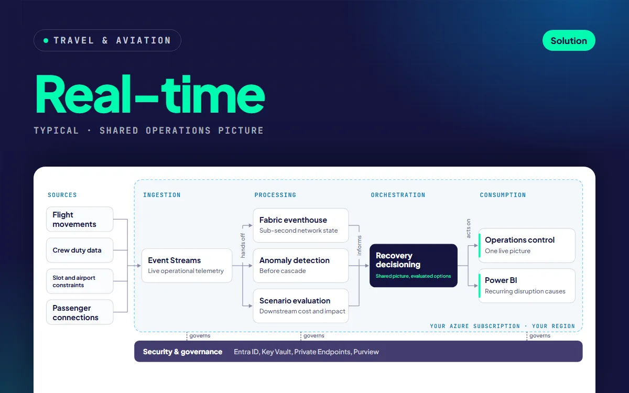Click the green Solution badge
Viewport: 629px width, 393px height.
coord(569,40)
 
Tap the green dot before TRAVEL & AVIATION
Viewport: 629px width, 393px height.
coord(46,41)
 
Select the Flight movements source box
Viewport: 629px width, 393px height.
coord(80,219)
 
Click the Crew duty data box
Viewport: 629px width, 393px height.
coord(80,250)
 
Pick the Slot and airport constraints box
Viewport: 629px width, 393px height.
coord(80,281)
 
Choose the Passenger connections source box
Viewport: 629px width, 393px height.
coord(80,312)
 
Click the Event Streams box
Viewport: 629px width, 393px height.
coord(187,266)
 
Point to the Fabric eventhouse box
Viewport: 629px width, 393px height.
coord(301,225)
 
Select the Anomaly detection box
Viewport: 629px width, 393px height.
coord(301,266)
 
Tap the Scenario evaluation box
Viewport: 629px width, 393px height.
coord(301,306)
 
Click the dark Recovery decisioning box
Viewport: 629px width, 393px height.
coord(414,266)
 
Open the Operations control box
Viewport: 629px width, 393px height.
coord(527,246)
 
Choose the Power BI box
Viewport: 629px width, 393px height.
coord(527,286)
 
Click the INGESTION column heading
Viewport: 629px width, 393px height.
coord(162,195)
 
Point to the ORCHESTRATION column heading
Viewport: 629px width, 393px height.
coord(398,195)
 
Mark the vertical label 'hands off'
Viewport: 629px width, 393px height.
coord(243,246)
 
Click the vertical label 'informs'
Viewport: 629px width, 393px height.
coord(359,246)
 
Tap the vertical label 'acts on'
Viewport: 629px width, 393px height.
coord(468,228)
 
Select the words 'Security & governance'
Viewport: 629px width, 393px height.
coord(182,352)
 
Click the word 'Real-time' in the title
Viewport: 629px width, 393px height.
coord(150,94)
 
